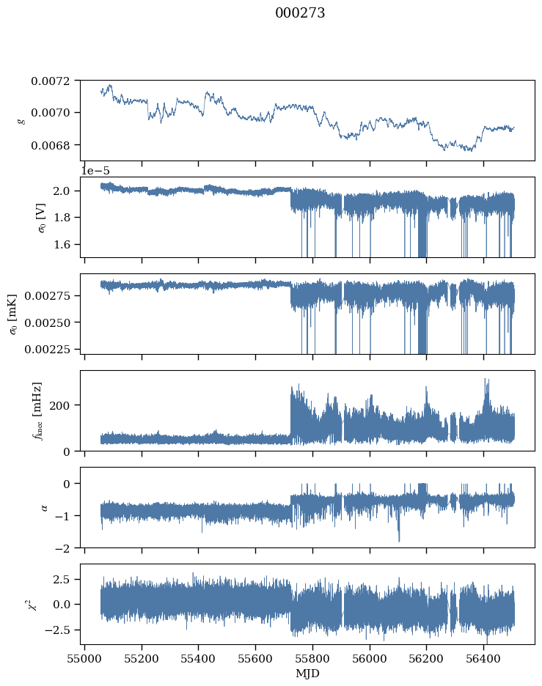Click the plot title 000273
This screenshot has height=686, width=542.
(300, 13)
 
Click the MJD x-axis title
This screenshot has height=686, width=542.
(307, 673)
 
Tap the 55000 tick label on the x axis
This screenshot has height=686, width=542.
(84, 657)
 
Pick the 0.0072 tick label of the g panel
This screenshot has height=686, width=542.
(51, 81)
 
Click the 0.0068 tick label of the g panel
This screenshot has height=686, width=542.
(51, 145)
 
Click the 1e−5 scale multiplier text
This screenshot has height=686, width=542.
(100, 170)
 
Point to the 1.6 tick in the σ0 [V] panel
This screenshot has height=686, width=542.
(67, 244)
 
